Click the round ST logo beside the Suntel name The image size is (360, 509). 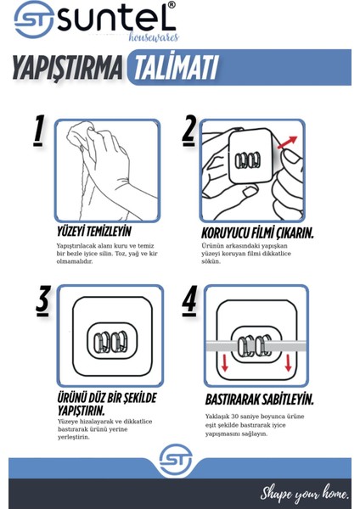34,20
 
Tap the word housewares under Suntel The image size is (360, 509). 154,37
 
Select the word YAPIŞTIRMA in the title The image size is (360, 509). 68,67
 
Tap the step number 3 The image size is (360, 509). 42,300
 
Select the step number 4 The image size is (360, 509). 189,300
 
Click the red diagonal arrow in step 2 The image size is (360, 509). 287,143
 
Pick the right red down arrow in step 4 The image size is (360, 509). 288,362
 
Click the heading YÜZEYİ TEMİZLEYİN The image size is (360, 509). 94,232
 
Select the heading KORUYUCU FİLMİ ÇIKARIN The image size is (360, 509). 257,233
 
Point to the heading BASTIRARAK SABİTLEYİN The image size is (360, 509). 259,400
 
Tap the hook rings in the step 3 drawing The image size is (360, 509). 110,342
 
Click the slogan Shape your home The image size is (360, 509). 305,494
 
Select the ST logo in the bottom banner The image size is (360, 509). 176,460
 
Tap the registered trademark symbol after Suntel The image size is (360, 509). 172,5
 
